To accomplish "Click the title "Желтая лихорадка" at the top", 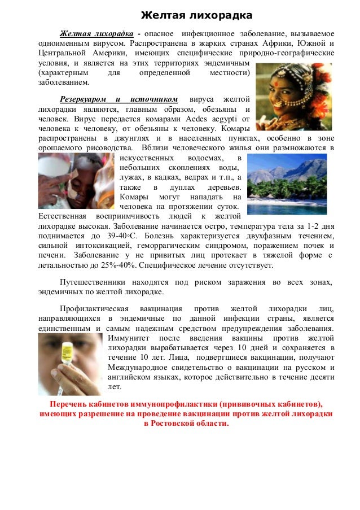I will point(188,14).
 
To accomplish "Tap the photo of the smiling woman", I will point(293,97).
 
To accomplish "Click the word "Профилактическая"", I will point(93,309).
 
